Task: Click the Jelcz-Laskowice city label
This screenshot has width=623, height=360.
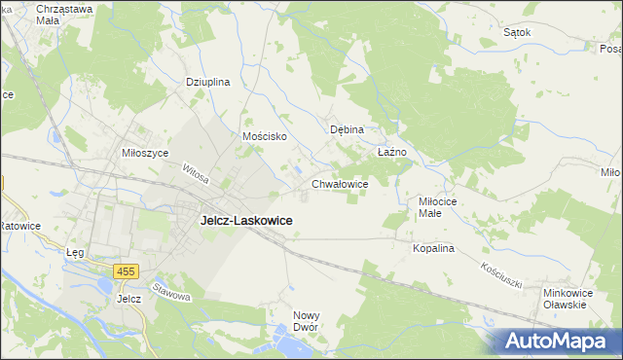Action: coord(246,221)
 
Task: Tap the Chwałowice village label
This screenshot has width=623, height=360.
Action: coord(339,183)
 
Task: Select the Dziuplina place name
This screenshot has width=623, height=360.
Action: coord(207,83)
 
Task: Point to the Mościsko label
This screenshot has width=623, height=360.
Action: coord(264,137)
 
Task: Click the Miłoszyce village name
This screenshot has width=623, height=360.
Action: coord(145,154)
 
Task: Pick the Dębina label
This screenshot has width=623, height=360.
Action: coord(347,129)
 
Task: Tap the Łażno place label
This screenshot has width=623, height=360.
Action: coord(390,153)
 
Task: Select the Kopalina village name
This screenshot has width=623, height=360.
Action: coord(433,249)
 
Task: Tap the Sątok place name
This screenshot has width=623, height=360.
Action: coord(517,32)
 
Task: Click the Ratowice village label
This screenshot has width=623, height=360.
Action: coord(18,226)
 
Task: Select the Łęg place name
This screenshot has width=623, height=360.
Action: coord(75,253)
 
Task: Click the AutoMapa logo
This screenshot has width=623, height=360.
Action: coord(552,341)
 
